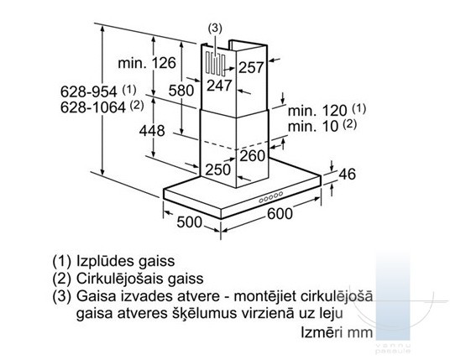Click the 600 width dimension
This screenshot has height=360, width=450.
coord(280,213)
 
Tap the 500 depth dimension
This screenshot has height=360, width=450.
coord(190,222)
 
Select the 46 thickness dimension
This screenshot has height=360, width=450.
coord(347,174)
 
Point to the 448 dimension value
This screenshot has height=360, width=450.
coord(152,131)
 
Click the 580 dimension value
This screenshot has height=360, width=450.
coord(181,91)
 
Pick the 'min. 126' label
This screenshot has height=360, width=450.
coord(147,63)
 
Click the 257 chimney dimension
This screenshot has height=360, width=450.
coord(251,68)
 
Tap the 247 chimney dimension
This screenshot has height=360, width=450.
coord(219,86)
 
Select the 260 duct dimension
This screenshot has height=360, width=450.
coord(252,156)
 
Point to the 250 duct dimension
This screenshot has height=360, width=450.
coord(217,170)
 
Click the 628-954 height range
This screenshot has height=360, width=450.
coord(88,91)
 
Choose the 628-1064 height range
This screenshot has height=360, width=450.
coord(93,107)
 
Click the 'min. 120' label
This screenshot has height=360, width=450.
coord(317,111)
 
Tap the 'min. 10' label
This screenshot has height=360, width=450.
coord(313,127)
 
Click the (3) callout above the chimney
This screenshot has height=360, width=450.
coord(215,28)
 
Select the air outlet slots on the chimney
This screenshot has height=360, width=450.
coord(215,64)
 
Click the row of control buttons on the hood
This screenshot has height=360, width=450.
coord(271,197)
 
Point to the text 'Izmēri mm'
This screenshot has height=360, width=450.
coord(337,333)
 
